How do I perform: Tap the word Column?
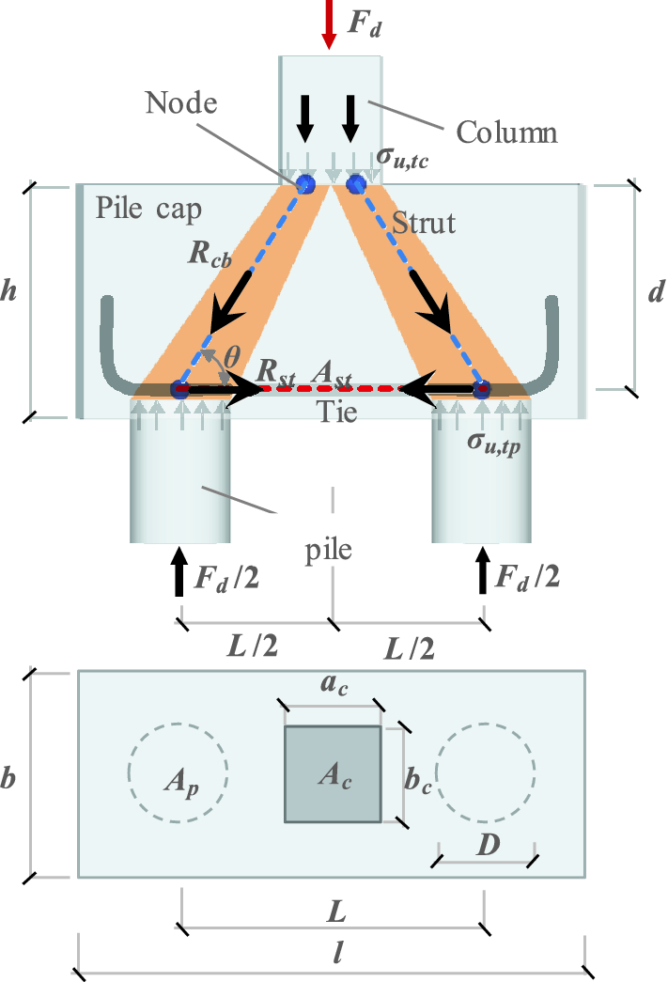(506, 132)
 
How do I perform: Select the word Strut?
(424, 222)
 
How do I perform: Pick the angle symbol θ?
(231, 357)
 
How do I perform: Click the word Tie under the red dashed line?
(335, 411)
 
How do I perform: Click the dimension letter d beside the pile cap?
(656, 291)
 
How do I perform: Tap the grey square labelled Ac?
(334, 774)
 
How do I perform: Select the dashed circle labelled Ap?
(177, 772)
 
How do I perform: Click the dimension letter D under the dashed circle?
(487, 845)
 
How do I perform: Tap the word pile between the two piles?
(328, 549)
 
